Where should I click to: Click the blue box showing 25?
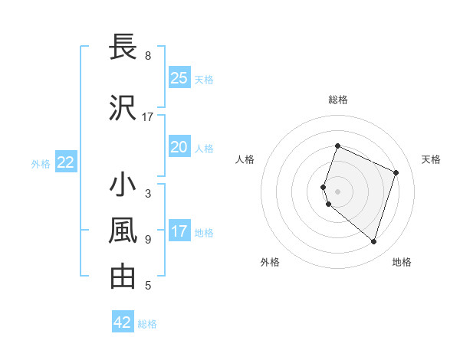(179, 78)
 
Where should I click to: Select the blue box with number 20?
(179, 147)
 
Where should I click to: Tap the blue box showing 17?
(179, 231)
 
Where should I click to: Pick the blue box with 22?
(66, 162)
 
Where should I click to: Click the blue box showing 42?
(123, 322)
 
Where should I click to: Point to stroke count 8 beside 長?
(148, 56)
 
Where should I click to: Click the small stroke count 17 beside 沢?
(148, 117)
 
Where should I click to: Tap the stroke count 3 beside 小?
(148, 194)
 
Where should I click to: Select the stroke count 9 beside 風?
(148, 240)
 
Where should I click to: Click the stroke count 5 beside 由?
(148, 286)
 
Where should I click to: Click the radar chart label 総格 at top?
(338, 100)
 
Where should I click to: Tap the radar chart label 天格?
(432, 159)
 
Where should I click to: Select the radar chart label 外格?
(270, 262)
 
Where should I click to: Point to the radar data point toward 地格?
(373, 241)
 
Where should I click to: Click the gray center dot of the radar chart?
(338, 191)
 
